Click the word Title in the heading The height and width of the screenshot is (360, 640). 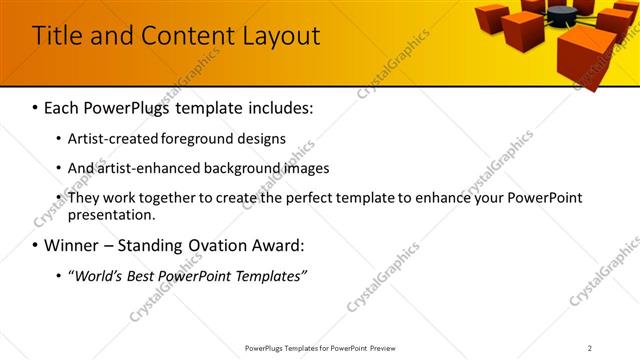click(57, 36)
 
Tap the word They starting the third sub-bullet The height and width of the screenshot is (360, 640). click(84, 198)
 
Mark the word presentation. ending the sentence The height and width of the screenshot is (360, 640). click(111, 214)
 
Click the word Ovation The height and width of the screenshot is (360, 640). click(213, 245)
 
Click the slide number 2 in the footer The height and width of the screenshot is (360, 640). click(590, 348)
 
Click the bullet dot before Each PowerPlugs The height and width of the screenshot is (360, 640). click(35, 107)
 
